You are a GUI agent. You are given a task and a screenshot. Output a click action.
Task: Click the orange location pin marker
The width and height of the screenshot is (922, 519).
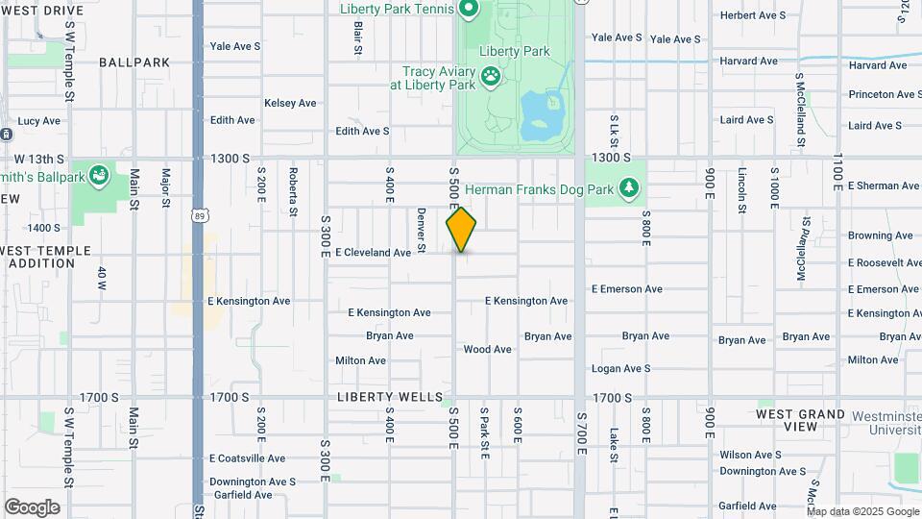click(461, 229)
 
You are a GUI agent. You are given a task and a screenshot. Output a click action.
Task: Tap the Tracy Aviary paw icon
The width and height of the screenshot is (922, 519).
click(491, 75)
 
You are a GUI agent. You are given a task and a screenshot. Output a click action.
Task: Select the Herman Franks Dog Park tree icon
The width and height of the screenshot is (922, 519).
click(629, 186)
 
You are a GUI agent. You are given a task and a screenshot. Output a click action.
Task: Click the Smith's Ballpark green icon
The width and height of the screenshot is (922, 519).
click(99, 175)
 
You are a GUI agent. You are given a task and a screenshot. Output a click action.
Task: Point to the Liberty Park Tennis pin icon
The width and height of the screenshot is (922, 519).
click(469, 10)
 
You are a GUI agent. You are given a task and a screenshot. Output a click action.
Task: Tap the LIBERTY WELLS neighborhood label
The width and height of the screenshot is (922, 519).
click(390, 397)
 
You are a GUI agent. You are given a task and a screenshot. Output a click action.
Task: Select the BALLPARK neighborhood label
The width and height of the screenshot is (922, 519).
click(134, 62)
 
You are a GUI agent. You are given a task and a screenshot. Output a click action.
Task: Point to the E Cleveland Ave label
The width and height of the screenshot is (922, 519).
click(373, 253)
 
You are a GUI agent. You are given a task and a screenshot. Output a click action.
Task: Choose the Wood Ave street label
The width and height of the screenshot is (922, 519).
click(488, 350)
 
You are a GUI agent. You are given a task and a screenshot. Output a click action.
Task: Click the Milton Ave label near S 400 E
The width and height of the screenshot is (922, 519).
click(360, 361)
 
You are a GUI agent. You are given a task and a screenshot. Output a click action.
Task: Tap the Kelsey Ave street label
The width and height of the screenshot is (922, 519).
click(290, 103)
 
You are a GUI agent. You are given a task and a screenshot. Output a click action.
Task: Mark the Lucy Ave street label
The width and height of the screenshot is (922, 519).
click(38, 121)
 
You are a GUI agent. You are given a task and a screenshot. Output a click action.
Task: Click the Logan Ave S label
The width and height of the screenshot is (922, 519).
click(620, 369)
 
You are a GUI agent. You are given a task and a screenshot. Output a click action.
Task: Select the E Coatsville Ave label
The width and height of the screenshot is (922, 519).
click(248, 458)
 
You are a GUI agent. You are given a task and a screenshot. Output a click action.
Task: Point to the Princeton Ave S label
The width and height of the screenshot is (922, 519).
click(883, 94)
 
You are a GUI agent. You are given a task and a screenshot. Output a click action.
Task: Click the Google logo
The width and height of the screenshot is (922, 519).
click(31, 507)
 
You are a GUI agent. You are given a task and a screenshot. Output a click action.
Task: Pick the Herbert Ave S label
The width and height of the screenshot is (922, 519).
click(752, 15)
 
